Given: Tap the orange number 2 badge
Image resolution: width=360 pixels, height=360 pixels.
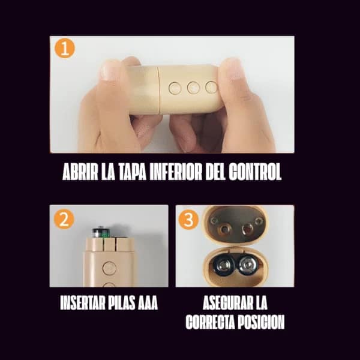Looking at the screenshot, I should pyautogui.click(x=64, y=219).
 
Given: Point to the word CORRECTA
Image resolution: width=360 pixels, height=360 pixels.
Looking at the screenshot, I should pyautogui.click(x=209, y=322).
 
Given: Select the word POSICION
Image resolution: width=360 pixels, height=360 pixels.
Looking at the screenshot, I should pyautogui.click(x=259, y=322).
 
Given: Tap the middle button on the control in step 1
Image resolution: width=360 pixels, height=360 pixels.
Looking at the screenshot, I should pyautogui.click(x=193, y=88).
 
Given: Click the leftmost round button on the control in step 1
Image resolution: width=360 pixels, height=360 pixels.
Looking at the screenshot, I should pyautogui.click(x=175, y=88).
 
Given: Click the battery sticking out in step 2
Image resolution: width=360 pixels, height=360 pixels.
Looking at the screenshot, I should pyautogui.click(x=100, y=232).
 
